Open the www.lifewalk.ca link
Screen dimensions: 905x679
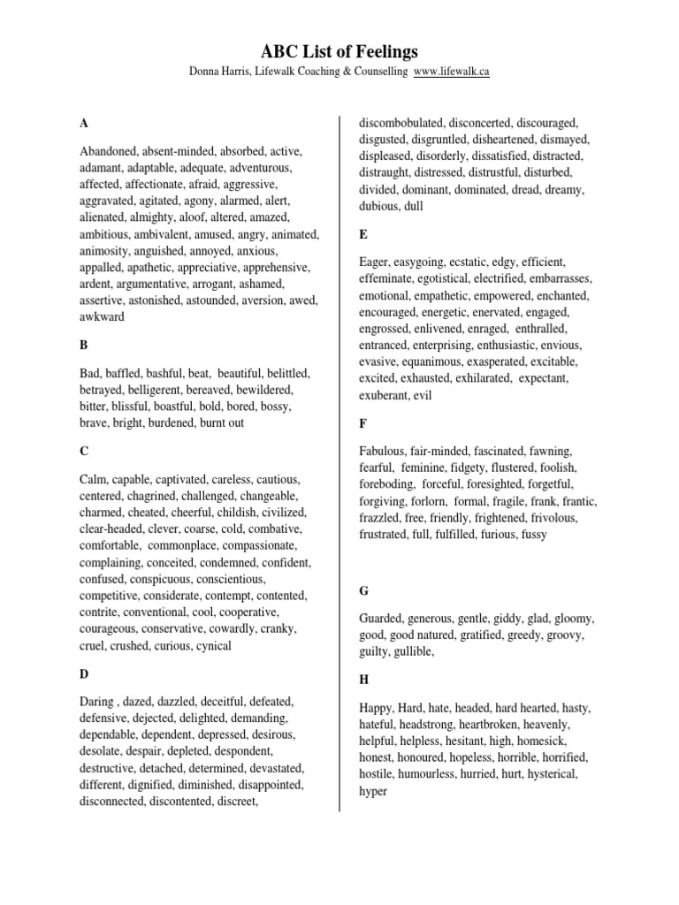(x=451, y=72)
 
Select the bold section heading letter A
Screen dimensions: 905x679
(x=84, y=123)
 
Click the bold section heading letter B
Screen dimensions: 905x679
(x=84, y=345)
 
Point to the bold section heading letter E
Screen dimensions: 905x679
(x=362, y=234)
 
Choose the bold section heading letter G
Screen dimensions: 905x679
(x=363, y=589)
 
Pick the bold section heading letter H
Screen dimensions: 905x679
(x=363, y=680)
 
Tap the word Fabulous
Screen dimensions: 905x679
(x=384, y=452)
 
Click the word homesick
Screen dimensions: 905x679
(x=542, y=741)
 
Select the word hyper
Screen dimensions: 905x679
(x=373, y=791)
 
